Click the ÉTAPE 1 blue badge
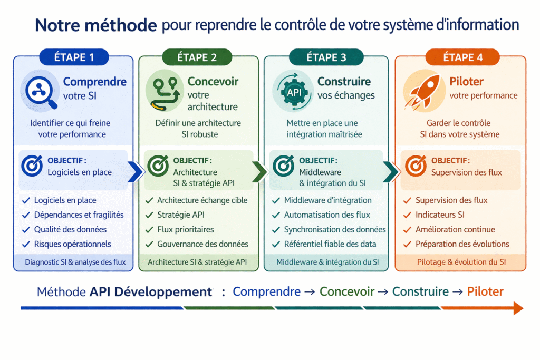[x=74, y=57]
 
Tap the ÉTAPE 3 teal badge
[x=326, y=57]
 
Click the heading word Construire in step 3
[x=344, y=82]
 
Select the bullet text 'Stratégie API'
[x=180, y=215]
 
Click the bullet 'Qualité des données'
[x=70, y=229]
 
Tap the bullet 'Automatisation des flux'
[x=327, y=215]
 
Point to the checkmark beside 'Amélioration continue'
[x=407, y=229]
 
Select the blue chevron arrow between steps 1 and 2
[x=135, y=171]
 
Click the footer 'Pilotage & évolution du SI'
[x=460, y=262]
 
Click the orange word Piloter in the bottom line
[x=485, y=291]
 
